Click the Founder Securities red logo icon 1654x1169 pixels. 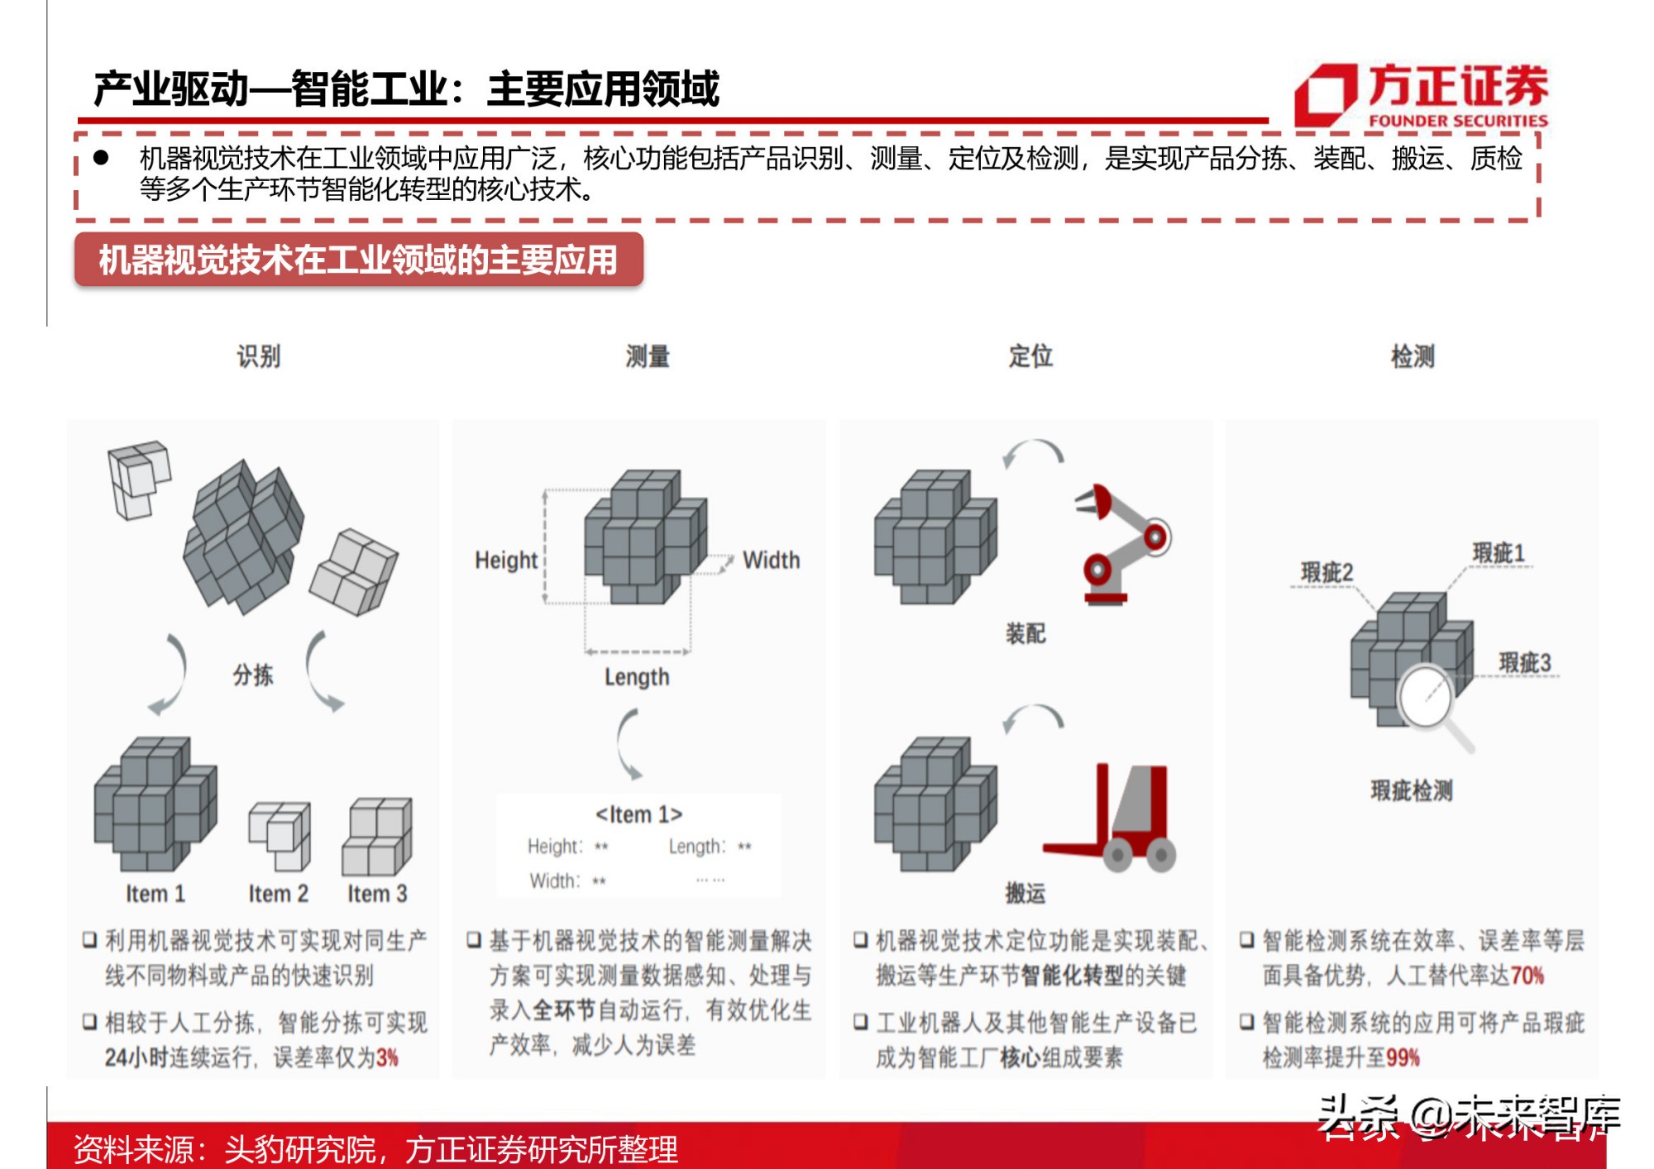(x=1326, y=94)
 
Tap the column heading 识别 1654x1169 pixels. (x=259, y=356)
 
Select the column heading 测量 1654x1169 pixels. (x=648, y=356)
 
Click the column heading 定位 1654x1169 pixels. (x=1030, y=356)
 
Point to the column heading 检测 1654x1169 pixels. (x=1413, y=356)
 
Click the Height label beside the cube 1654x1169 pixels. (x=506, y=561)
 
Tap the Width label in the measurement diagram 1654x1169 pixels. (x=771, y=561)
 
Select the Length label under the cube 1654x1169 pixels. (x=637, y=677)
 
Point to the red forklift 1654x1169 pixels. (x=1116, y=818)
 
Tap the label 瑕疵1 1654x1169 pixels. (x=1499, y=553)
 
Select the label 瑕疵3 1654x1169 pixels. (x=1525, y=662)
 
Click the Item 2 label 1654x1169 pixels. (x=279, y=894)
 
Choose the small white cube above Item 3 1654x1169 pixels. (x=378, y=837)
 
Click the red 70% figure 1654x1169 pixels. (x=1527, y=976)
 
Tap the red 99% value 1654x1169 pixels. (x=1403, y=1057)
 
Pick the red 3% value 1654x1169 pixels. (x=387, y=1058)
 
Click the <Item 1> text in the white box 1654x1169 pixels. (x=638, y=815)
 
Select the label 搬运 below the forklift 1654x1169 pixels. (x=1025, y=893)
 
